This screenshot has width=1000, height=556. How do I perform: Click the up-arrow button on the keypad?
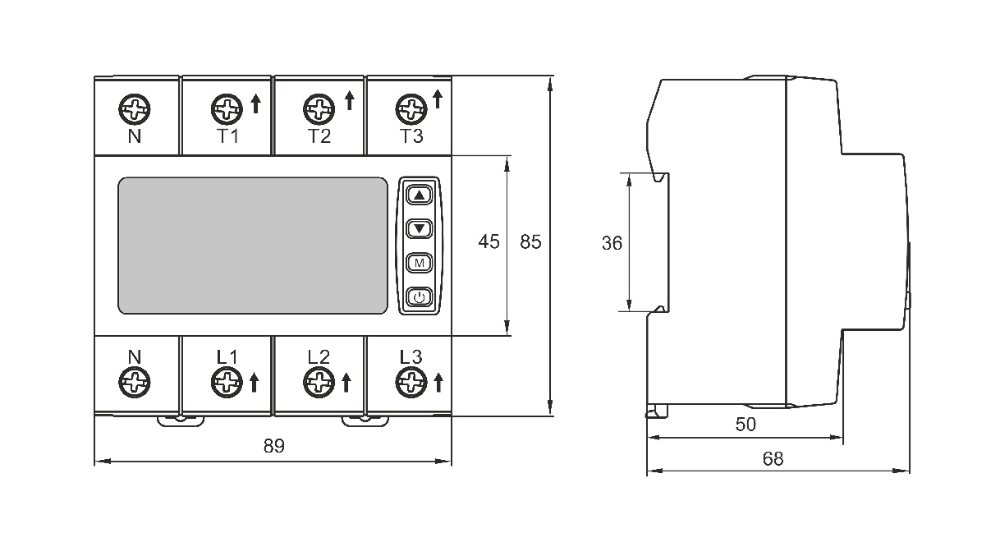coord(419,195)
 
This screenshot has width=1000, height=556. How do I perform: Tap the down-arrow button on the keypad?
coord(419,228)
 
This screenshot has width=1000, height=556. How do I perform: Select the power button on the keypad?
coord(419,297)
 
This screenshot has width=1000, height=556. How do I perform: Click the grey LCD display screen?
coord(253,246)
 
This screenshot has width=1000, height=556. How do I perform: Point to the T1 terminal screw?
coord(227,109)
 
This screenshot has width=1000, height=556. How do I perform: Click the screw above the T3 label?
coord(411,109)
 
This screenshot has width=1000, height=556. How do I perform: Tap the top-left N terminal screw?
coord(135,109)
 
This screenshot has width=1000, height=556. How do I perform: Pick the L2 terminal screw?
coord(319,382)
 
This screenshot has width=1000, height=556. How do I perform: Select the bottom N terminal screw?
coord(135,382)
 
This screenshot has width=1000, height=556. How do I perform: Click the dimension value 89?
coord(273,446)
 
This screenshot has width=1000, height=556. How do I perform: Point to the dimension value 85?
coord(530,241)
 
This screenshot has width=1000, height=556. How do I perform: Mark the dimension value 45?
coord(489,241)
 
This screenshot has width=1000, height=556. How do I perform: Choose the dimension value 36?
coord(612,243)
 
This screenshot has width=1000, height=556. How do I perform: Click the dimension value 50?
coord(745,425)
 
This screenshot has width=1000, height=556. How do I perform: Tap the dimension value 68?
coord(773,458)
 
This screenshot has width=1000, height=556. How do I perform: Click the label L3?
coord(411,356)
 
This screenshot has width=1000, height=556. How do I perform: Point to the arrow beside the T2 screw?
coord(350,100)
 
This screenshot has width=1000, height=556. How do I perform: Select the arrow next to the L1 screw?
coord(254,383)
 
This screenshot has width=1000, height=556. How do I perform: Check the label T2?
coord(319,136)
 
